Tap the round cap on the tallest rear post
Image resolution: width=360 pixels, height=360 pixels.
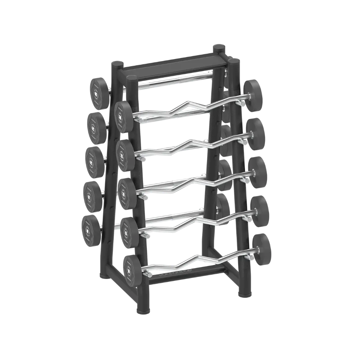pos(219,47)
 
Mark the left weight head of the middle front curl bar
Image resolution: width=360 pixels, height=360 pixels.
pos(127,190)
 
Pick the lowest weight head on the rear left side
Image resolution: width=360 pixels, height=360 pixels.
pos(91,230)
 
